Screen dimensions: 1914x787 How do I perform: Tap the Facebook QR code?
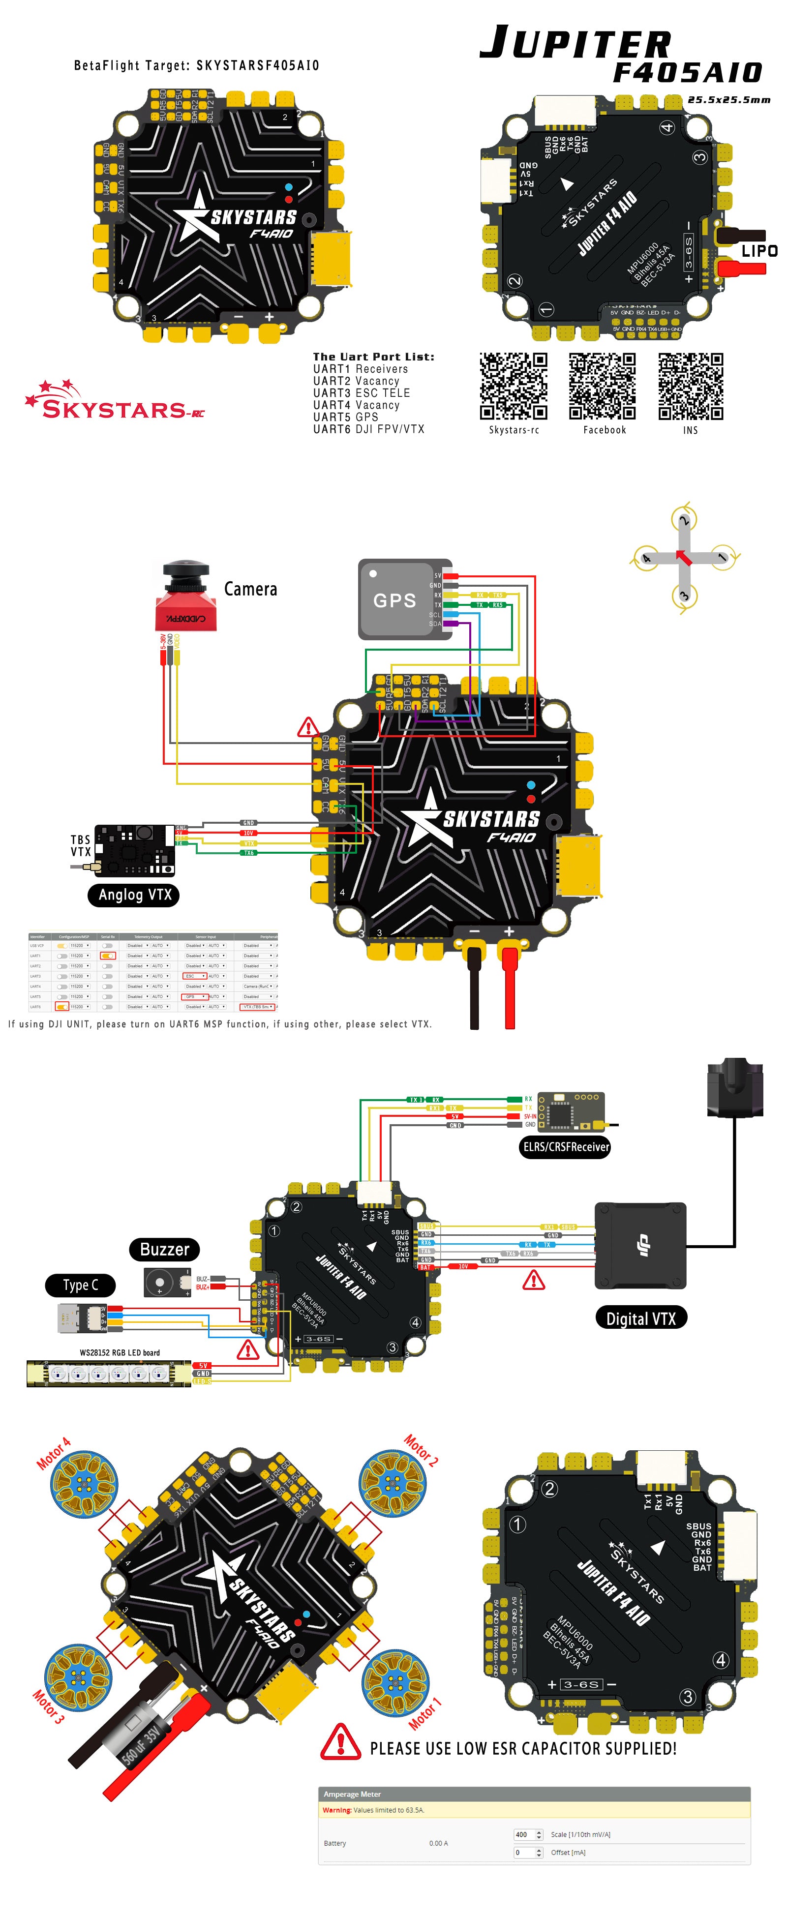(603, 387)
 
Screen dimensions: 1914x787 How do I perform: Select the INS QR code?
(691, 387)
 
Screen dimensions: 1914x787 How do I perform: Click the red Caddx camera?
(186, 598)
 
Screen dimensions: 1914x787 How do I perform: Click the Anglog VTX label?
(134, 895)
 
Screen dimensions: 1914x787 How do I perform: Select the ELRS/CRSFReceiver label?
(566, 1146)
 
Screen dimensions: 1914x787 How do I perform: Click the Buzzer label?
(164, 1249)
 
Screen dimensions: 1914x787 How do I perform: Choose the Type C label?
(80, 1285)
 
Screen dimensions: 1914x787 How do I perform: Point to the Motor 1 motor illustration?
(395, 1682)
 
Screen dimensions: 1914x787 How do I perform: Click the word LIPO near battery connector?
(759, 251)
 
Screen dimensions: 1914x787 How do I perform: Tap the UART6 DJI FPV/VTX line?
(368, 429)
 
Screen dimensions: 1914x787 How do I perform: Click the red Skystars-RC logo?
(115, 401)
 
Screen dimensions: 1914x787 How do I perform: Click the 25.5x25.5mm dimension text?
(728, 99)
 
